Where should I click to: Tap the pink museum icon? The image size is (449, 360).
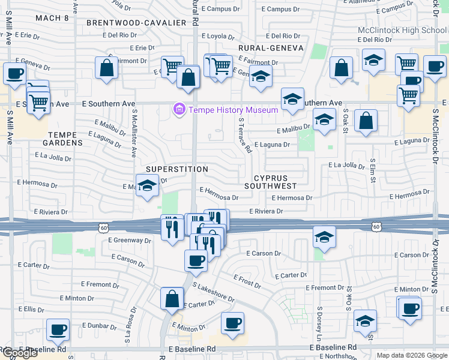click(x=179, y=110)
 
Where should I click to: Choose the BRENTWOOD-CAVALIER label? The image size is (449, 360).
click(x=136, y=22)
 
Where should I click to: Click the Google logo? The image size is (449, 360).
click(x=20, y=353)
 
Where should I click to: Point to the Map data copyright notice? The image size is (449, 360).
click(x=412, y=355)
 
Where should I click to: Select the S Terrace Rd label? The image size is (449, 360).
click(x=244, y=135)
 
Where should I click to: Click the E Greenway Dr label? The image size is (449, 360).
click(x=130, y=240)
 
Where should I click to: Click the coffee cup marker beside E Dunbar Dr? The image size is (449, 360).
click(x=58, y=329)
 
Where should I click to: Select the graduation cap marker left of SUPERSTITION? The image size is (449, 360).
click(x=147, y=185)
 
